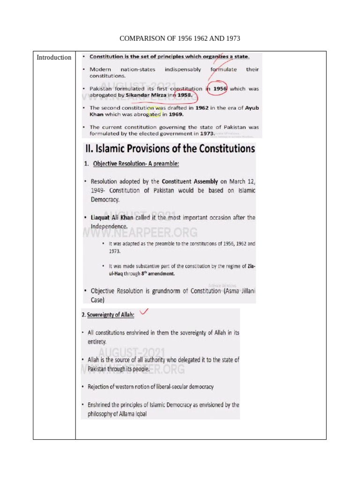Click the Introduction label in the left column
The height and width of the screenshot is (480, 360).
[x=54, y=58]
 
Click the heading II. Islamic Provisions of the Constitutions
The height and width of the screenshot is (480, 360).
[x=170, y=149]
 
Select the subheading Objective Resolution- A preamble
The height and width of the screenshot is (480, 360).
[x=136, y=164]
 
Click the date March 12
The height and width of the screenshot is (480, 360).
[x=242, y=181]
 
